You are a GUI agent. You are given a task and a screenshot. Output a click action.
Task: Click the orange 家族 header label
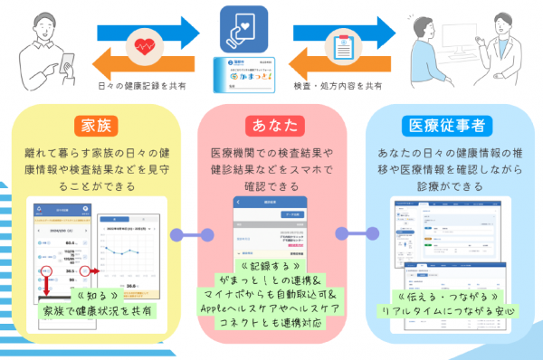(x=99, y=123)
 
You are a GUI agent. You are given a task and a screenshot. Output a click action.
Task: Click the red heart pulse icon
(x=145, y=45)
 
